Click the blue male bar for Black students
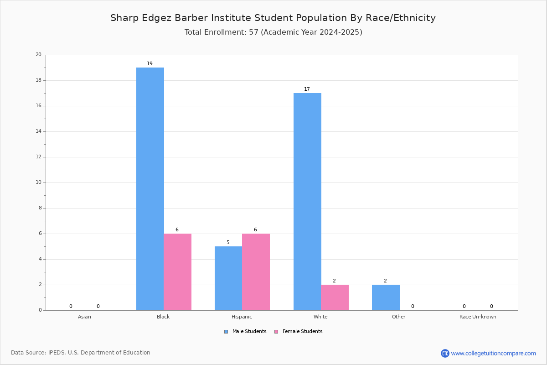pyautogui.click(x=150, y=189)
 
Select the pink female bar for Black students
pyautogui.click(x=177, y=272)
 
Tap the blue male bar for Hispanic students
pyautogui.click(x=228, y=278)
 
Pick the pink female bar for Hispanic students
pyautogui.click(x=256, y=272)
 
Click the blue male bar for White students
pyautogui.click(x=307, y=202)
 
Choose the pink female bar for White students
pyautogui.click(x=335, y=297)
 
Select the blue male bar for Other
pyautogui.click(x=386, y=297)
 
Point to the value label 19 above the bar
pyautogui.click(x=150, y=63)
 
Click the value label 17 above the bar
pyautogui.click(x=307, y=89)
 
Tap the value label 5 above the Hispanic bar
pyautogui.click(x=228, y=242)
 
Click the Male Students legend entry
pyautogui.click(x=245, y=331)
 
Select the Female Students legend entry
pyautogui.click(x=299, y=331)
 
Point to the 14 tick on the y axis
pyautogui.click(x=39, y=131)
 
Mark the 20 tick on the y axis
pyautogui.click(x=39, y=54)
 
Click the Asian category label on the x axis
pyautogui.click(x=84, y=317)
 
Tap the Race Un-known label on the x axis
pyautogui.click(x=478, y=317)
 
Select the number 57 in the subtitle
pyautogui.click(x=253, y=32)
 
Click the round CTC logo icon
pyautogui.click(x=445, y=353)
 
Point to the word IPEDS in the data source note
pyautogui.click(x=57, y=353)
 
